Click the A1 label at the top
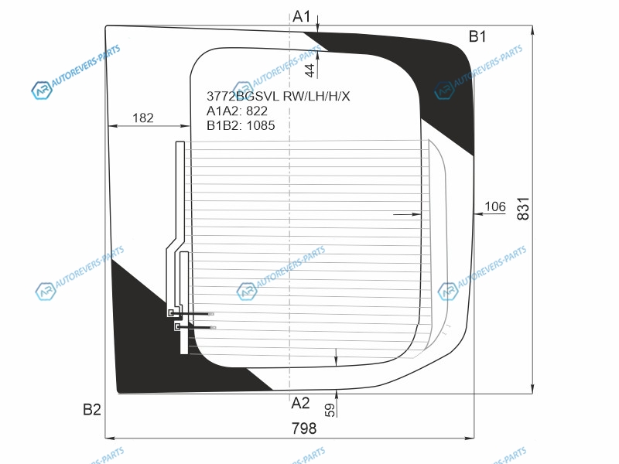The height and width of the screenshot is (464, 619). (301, 15)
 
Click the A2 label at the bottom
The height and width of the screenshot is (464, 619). (300, 403)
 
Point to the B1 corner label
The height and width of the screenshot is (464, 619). (477, 36)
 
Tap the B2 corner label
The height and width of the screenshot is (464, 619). (92, 409)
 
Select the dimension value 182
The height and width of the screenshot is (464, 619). (143, 118)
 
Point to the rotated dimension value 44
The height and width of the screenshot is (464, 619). (309, 70)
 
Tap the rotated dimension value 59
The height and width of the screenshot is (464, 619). (330, 410)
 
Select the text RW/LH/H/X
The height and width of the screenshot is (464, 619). (316, 97)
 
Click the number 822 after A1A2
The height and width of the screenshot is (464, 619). (256, 111)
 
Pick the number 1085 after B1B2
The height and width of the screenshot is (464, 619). (260, 125)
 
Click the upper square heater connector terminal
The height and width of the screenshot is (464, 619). (171, 313)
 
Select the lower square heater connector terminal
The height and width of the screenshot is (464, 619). (177, 327)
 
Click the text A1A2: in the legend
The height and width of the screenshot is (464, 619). (224, 111)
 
